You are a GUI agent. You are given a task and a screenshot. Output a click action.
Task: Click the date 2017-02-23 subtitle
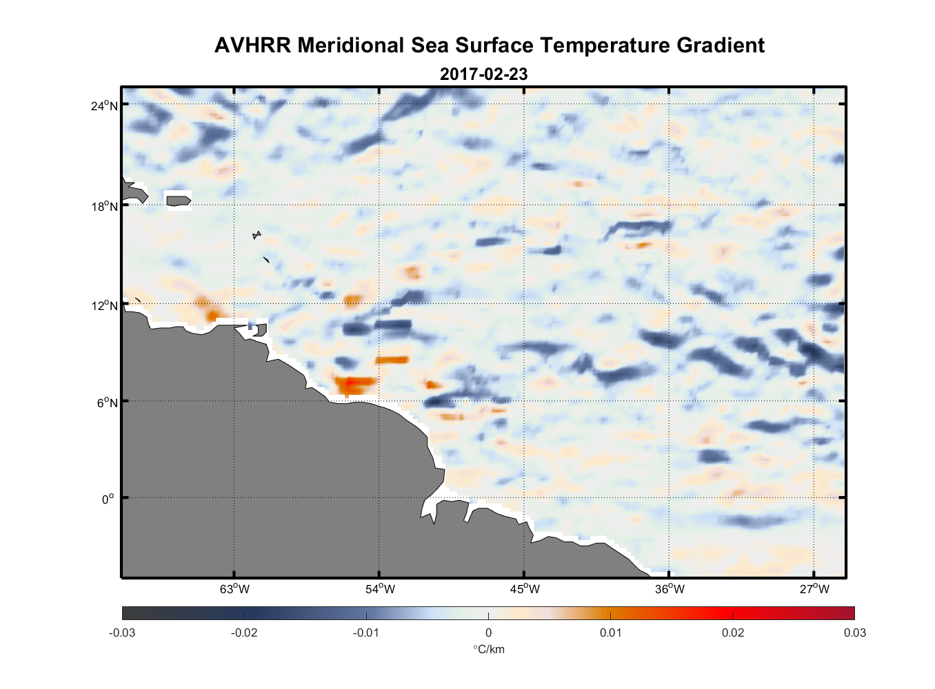483,74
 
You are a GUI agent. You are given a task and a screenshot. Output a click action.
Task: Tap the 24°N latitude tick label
104,105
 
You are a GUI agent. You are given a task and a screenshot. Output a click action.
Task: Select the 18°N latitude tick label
104,206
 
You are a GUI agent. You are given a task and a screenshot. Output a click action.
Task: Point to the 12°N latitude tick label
104,305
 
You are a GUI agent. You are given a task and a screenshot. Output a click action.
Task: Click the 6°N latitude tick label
107,402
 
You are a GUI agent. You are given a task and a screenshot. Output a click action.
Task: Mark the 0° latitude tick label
108,499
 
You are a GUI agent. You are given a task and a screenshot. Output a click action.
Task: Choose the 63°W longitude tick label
234,589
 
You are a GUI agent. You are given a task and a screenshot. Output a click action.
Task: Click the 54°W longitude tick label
380,589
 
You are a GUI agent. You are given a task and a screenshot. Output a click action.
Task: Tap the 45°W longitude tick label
525,589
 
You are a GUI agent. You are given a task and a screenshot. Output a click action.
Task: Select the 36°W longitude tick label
670,589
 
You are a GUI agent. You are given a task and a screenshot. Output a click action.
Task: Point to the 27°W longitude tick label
814,589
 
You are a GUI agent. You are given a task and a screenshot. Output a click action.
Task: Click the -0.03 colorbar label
122,633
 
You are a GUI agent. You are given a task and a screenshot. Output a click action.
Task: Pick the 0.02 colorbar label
733,633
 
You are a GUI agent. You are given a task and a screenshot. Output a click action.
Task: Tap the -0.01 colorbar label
366,633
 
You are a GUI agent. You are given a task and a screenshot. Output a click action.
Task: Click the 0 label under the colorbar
488,633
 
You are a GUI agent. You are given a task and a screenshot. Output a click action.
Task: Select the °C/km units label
488,649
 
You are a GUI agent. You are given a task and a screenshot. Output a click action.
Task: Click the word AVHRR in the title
252,45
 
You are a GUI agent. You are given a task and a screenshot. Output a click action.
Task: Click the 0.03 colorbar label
854,633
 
